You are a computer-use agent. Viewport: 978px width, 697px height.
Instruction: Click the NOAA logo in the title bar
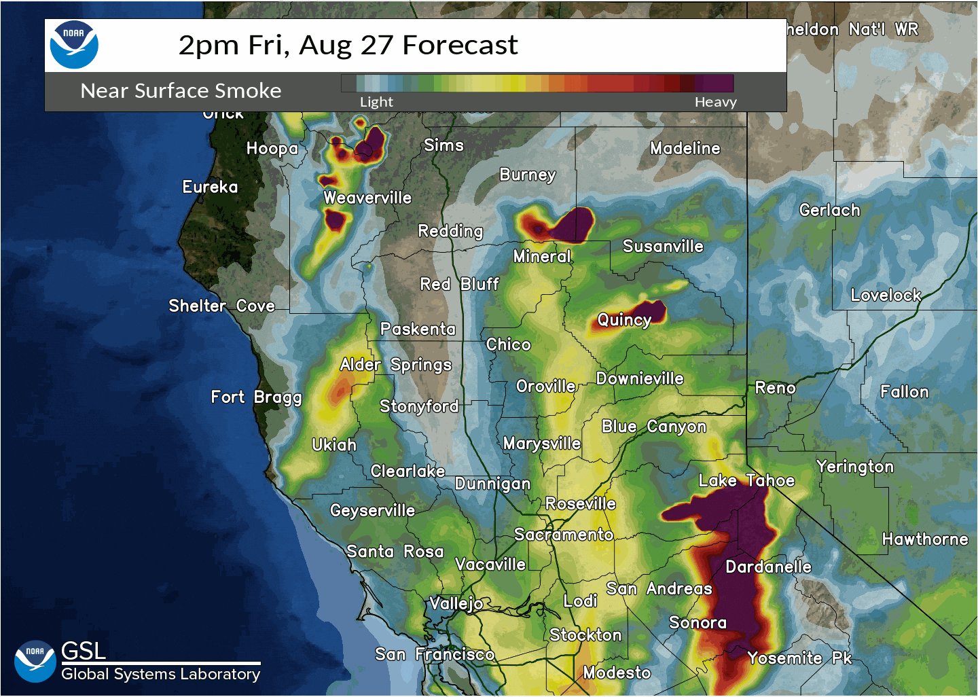pos(74,45)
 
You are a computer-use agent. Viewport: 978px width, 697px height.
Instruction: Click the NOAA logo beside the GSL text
pos(35,660)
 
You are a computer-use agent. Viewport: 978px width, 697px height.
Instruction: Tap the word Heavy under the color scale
pos(715,102)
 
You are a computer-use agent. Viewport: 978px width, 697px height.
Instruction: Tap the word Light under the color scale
pos(376,102)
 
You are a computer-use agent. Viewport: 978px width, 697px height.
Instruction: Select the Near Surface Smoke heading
pos(181,90)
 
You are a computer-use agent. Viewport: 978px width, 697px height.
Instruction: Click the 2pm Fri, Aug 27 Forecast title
pos(348,45)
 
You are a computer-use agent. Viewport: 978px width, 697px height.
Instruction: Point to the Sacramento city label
pos(564,535)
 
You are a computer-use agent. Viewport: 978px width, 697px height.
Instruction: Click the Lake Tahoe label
pos(746,480)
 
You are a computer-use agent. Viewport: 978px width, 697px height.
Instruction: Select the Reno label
pos(775,388)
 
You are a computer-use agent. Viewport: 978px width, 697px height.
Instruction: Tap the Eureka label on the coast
pos(210,187)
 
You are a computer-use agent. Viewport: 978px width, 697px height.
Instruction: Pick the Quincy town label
pos(624,320)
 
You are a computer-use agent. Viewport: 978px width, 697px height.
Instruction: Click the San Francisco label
pos(435,654)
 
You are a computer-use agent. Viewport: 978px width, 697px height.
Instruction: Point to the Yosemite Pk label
pos(799,658)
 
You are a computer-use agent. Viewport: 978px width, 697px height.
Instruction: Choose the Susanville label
pos(663,246)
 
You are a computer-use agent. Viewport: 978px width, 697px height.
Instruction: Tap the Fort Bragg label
pos(256,397)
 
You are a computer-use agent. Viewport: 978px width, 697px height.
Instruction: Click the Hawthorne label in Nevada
pos(925,539)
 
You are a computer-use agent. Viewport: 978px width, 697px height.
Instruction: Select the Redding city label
pos(450,231)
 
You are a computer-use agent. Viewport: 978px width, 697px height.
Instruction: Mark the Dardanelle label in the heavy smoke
pos(768,567)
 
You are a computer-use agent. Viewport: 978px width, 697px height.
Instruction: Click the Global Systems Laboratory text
pos(160,674)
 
